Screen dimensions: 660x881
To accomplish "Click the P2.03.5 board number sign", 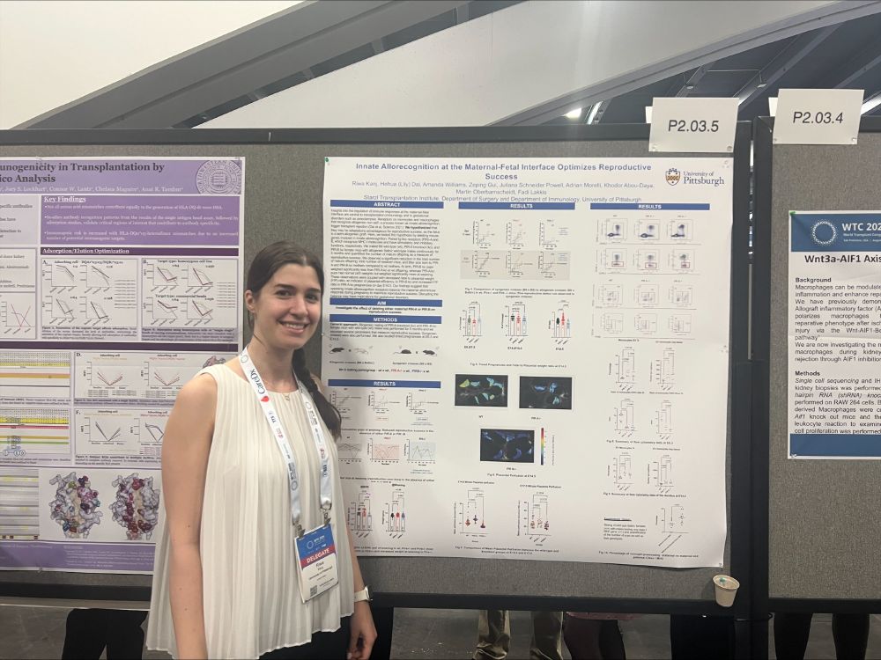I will [x=692, y=125].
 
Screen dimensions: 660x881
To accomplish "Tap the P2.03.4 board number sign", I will [x=817, y=117].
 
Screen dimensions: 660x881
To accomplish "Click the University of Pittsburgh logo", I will [x=695, y=177].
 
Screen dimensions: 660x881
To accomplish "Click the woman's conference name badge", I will [x=316, y=561].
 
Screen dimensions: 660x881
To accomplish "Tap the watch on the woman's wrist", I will [x=361, y=595].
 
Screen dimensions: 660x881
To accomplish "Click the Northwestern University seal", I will [x=218, y=177].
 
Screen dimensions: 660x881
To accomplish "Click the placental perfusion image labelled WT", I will [x=481, y=390].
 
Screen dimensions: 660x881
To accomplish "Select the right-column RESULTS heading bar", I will [x=649, y=206].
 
